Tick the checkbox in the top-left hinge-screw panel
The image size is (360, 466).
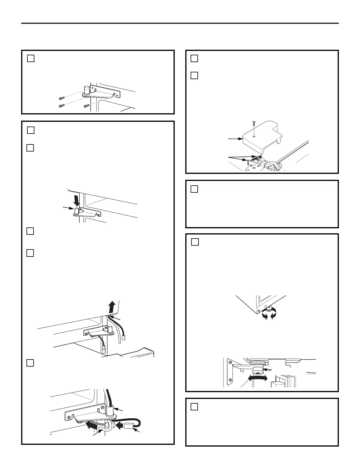(31, 59)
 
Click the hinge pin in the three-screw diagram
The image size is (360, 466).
(87, 89)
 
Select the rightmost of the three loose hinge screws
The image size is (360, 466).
(86, 106)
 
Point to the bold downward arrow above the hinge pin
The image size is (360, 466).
(76, 200)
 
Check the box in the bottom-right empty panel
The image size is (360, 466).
(194, 407)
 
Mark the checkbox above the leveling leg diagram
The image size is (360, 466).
(195, 242)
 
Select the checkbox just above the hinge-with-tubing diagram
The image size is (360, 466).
(30, 363)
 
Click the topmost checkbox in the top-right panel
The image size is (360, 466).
(194, 59)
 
